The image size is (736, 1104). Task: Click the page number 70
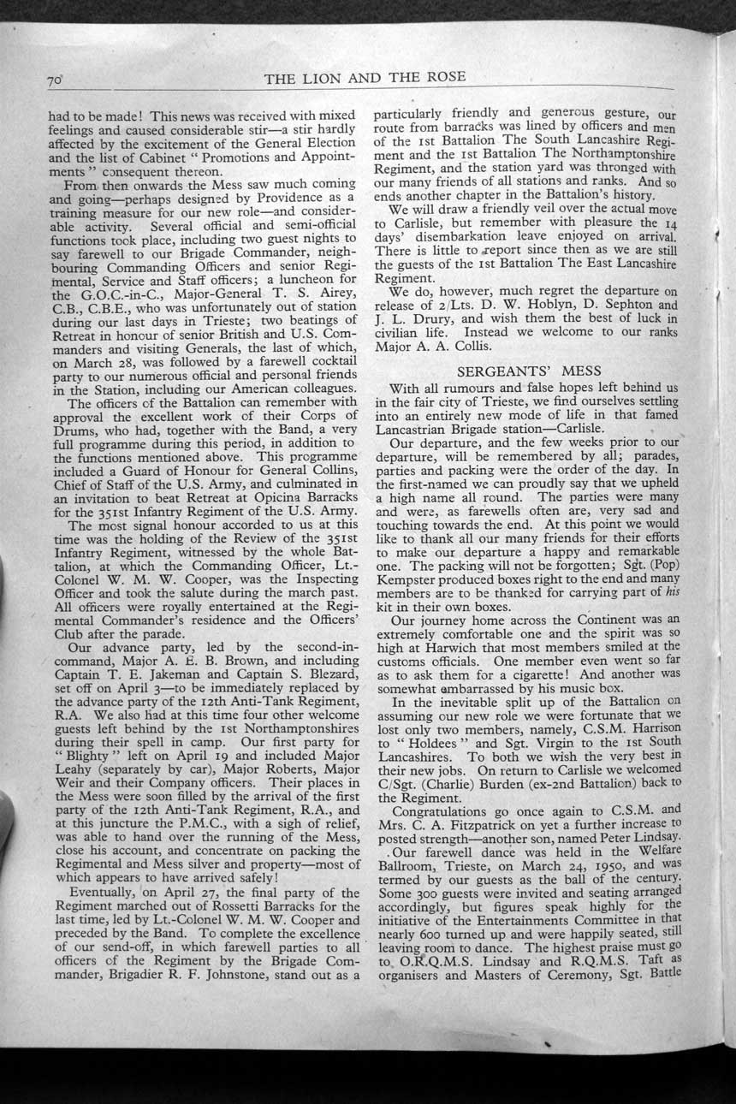coord(56,81)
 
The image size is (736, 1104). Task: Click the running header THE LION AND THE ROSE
coord(365,77)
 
